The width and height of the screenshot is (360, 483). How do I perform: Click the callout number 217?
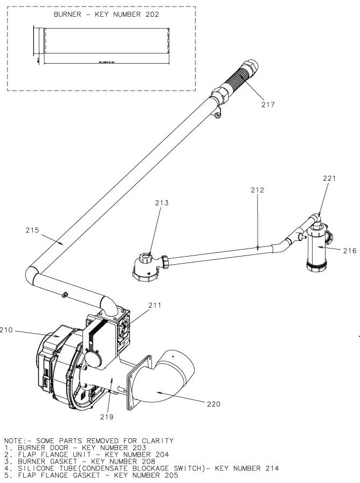point(268,105)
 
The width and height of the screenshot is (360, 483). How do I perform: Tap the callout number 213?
point(162,203)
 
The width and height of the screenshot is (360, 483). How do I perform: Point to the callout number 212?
point(258,190)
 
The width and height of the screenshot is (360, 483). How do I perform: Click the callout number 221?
point(329,178)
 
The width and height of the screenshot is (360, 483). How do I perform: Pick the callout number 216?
point(349,250)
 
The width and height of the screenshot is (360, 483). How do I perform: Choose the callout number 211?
point(155,306)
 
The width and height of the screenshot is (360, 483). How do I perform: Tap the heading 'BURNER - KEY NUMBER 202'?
point(106,15)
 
